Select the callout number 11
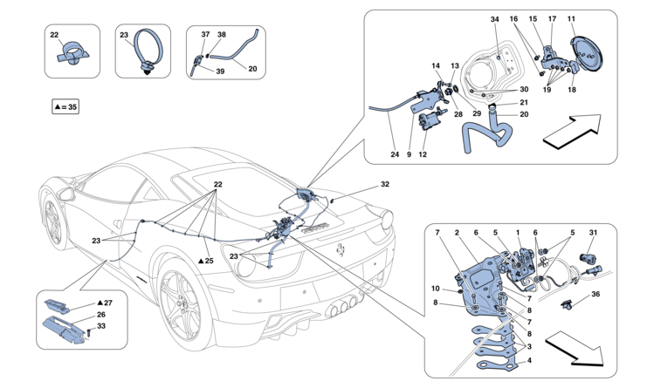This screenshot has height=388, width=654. (595, 19)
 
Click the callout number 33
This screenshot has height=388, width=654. (101, 327)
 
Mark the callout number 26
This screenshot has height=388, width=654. (101, 316)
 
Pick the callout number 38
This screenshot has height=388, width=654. (221, 34)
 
